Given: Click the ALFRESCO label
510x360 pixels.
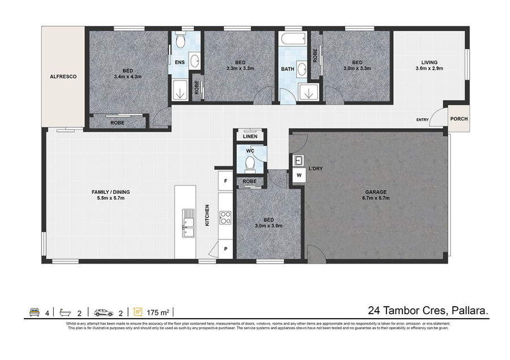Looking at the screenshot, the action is tap(63, 77).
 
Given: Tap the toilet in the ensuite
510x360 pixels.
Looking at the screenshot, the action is tap(180, 40).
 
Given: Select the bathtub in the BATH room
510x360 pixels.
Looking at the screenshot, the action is tap(294, 39).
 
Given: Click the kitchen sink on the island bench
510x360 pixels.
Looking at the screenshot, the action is tap(188, 223).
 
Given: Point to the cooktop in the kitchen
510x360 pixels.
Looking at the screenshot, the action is tap(225, 218).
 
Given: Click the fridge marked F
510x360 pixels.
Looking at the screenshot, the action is tap(226, 181).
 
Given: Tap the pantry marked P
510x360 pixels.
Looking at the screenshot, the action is tap(226, 249).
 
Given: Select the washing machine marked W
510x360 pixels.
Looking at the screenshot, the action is tap(299, 175).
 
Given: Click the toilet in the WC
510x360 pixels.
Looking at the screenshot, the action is tap(250, 163).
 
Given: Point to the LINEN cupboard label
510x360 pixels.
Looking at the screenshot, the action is tap(250, 137).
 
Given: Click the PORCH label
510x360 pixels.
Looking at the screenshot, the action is tap(459, 119).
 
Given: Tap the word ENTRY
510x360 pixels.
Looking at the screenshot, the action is tap(423, 120).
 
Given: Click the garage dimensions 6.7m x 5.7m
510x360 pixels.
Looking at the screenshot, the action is tap(376, 198).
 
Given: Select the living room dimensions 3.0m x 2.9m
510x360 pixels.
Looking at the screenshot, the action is tap(430, 69).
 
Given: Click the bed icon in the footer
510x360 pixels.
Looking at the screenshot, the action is tap(34, 312).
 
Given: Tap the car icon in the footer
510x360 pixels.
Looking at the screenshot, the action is tap(104, 312).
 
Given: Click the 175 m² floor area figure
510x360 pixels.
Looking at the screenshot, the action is tap(158, 313).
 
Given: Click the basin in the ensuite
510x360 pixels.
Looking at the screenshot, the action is tap(195, 61).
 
